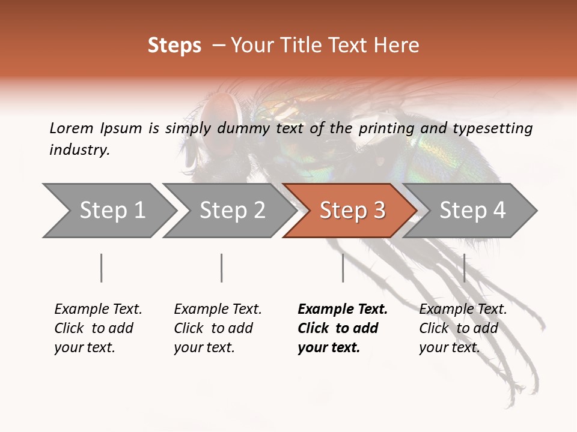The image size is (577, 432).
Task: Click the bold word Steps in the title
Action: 174,46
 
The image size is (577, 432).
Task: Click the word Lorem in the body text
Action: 71,128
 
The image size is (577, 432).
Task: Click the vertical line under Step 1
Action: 101,268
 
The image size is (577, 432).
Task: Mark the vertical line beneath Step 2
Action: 222,268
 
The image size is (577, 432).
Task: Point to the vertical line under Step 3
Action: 343,268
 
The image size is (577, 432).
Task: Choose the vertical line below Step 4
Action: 464,268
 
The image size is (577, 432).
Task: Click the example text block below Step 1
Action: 98,328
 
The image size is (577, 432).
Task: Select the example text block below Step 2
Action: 218,328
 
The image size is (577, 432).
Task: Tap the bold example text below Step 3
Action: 343,328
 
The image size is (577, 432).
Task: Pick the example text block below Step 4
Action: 463,328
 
